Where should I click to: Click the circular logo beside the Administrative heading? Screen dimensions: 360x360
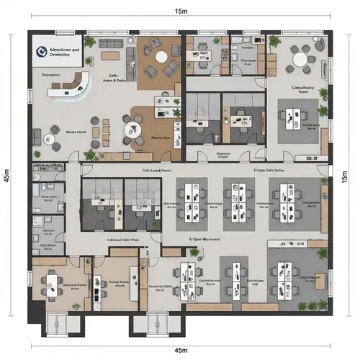click(41, 50)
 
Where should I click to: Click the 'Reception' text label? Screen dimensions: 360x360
click(52, 73)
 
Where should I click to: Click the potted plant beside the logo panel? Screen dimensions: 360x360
click(89, 43)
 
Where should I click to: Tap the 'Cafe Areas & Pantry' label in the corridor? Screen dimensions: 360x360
click(157, 171)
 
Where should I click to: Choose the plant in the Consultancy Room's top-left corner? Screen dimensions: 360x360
click(276, 41)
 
